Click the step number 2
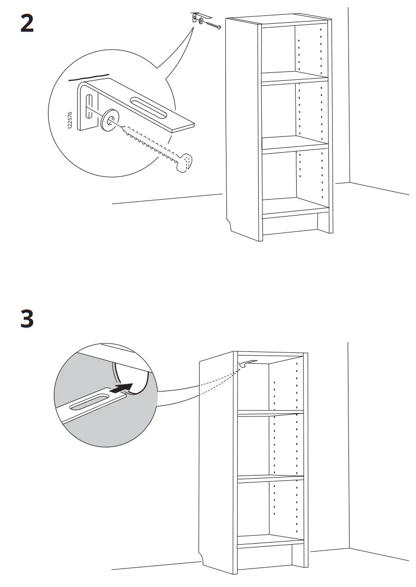(27, 24)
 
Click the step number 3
(27, 319)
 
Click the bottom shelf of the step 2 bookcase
(295, 208)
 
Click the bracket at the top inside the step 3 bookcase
(246, 364)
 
